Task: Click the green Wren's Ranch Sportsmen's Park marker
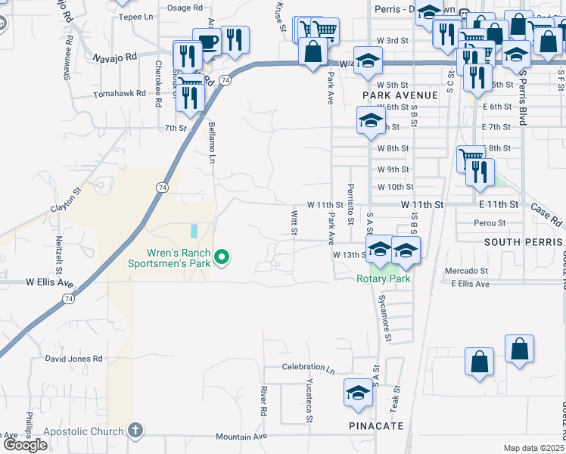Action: (x=222, y=258)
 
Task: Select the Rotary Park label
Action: (x=384, y=278)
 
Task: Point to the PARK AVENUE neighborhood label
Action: (x=400, y=95)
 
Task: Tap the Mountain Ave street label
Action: (x=241, y=437)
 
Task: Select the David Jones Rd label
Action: (x=73, y=358)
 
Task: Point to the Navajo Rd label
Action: (x=115, y=57)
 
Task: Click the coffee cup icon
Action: (x=206, y=41)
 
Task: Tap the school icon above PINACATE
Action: (x=358, y=392)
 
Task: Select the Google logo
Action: (x=26, y=444)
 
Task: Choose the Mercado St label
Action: (x=465, y=271)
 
